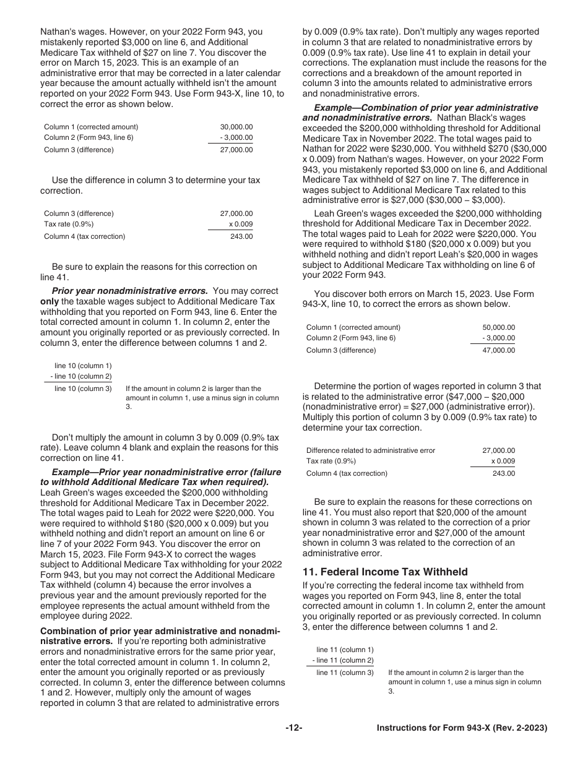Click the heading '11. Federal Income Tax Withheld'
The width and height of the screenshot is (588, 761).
(384, 572)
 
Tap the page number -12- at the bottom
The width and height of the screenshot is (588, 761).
(294, 729)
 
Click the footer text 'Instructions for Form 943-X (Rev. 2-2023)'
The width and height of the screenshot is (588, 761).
(462, 729)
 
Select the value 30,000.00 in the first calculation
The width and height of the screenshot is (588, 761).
(236, 127)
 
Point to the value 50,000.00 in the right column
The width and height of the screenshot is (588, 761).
(498, 327)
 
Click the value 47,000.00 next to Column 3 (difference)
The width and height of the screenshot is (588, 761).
(498, 350)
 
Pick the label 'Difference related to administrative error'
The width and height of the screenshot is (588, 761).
(370, 450)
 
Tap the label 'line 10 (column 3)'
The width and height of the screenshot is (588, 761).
(83, 389)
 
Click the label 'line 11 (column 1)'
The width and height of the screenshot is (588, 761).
(345, 650)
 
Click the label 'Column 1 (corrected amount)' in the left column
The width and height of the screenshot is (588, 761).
(91, 127)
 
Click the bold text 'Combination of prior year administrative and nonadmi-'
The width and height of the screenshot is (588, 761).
(160, 631)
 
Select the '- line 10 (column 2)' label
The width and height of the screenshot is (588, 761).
(81, 376)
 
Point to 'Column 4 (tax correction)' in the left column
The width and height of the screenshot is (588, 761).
(84, 236)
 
